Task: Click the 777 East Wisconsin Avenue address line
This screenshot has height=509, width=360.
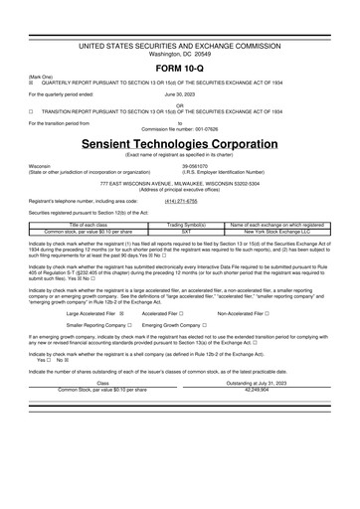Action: tap(180, 184)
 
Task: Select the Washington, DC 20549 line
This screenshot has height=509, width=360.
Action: tap(180, 25)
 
